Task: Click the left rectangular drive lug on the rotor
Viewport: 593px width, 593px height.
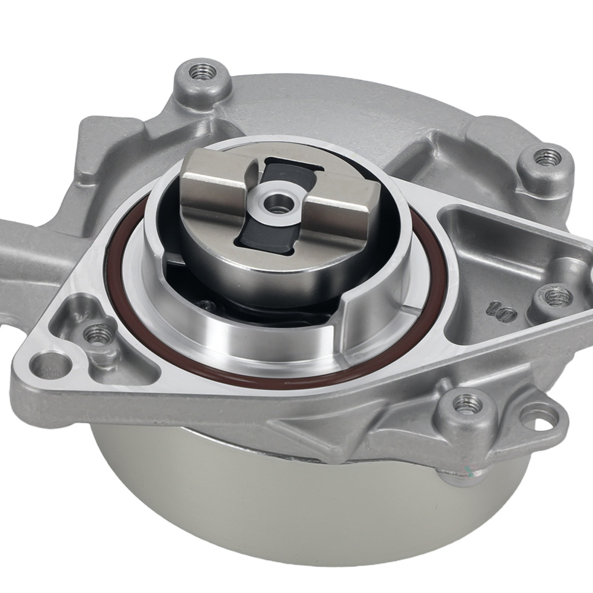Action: coord(213,178)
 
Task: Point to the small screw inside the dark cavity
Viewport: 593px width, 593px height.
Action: coord(207,305)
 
